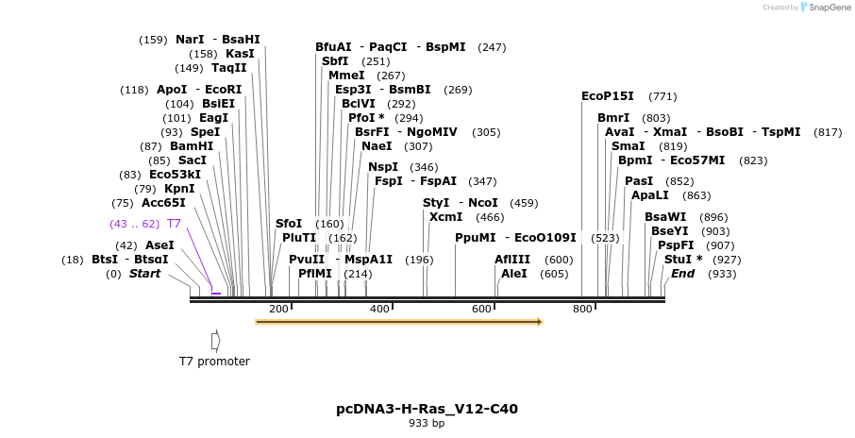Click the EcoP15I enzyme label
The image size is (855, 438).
tap(608, 96)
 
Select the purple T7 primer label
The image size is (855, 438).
tap(174, 224)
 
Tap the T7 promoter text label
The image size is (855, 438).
tap(214, 362)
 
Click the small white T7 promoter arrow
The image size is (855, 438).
tap(215, 340)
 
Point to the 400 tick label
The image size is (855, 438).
tap(379, 310)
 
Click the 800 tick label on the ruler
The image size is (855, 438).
tap(582, 310)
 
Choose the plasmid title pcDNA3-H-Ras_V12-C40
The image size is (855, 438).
tap(427, 409)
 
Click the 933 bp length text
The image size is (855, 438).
tap(427, 423)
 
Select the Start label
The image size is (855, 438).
tap(144, 274)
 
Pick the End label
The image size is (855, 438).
tap(682, 274)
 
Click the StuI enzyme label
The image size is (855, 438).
tap(678, 260)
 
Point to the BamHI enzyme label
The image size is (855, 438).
tap(192, 146)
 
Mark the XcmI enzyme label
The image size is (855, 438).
tap(446, 217)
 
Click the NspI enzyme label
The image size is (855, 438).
tap(383, 167)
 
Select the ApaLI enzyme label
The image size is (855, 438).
tap(650, 195)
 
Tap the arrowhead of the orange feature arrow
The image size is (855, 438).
tap(540, 322)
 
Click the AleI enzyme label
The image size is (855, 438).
tap(514, 274)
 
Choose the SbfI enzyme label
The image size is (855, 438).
tap(335, 61)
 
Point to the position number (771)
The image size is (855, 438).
tap(662, 96)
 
